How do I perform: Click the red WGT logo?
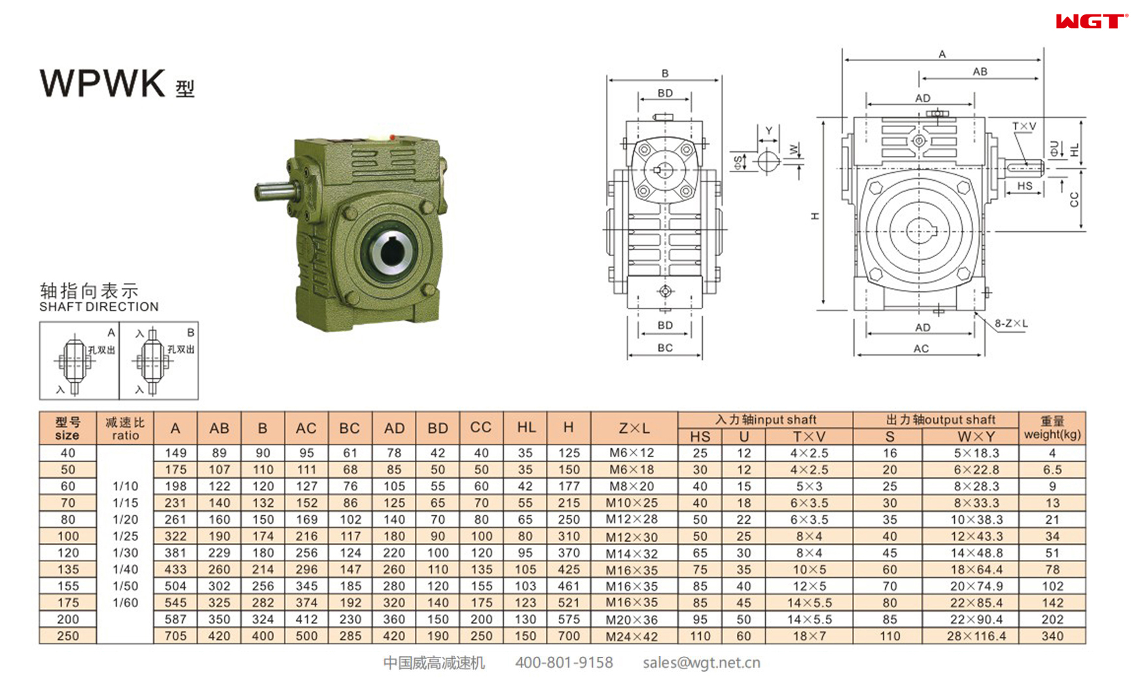1091,22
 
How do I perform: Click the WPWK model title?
103,84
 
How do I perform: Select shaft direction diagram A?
79,360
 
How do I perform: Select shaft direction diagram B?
158,360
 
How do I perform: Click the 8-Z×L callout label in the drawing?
1011,323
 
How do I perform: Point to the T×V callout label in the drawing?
1024,126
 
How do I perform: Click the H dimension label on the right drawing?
815,215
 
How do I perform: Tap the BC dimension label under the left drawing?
665,348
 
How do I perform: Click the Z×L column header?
633,428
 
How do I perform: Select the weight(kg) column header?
1052,428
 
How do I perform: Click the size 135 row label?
68,570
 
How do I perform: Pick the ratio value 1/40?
125,570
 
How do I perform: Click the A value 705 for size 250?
175,636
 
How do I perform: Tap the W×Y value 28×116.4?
976,636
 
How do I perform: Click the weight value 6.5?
1052,470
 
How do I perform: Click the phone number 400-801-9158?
563,663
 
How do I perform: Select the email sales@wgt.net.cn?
701,663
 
